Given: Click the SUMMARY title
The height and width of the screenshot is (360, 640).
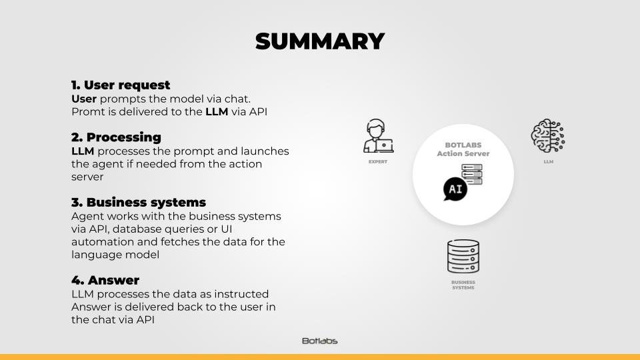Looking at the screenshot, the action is pyautogui.click(x=320, y=41).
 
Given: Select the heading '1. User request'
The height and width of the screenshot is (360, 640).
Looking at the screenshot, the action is pyautogui.click(x=121, y=85).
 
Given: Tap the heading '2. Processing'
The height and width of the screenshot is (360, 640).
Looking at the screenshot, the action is pyautogui.click(x=116, y=137).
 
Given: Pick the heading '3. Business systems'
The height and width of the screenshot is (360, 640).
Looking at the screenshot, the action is pyautogui.click(x=139, y=203).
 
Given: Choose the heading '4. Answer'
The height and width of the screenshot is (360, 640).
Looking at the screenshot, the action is pyautogui.click(x=105, y=280).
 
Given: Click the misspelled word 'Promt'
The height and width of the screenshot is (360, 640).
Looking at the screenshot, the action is pyautogui.click(x=88, y=112).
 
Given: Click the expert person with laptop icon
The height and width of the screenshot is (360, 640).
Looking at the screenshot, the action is pyautogui.click(x=379, y=136).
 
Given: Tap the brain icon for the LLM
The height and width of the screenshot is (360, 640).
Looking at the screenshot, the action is pyautogui.click(x=548, y=136).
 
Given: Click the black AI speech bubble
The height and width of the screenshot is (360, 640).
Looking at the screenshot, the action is pyautogui.click(x=455, y=189).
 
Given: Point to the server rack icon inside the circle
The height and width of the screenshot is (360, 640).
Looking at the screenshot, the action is pyautogui.click(x=472, y=174).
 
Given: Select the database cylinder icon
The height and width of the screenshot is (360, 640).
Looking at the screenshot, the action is pyautogui.click(x=463, y=256).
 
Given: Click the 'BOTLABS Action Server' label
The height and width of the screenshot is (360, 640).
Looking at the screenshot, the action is pyautogui.click(x=463, y=149).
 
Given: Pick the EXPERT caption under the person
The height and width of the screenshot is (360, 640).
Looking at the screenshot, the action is pyautogui.click(x=378, y=161).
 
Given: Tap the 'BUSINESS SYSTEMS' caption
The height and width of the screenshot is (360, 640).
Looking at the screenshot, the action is pyautogui.click(x=463, y=285).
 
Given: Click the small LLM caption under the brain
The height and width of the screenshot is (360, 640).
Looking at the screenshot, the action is pyautogui.click(x=549, y=161).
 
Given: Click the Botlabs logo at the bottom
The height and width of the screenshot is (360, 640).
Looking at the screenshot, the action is pyautogui.click(x=319, y=341).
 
